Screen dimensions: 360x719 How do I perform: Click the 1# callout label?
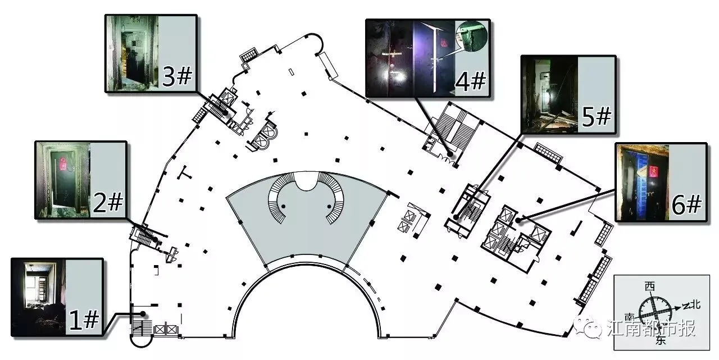(83, 320)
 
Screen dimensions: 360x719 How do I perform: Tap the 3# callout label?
(177, 77)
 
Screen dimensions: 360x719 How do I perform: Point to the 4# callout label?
(470, 82)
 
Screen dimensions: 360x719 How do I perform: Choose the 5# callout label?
(595, 117)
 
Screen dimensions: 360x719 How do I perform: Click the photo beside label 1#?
(39, 297)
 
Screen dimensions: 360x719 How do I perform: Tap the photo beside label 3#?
(132, 53)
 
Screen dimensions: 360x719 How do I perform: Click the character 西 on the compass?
(650, 287)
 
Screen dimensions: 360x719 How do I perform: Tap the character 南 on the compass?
(629, 317)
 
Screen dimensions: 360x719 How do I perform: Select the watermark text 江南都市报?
(652, 328)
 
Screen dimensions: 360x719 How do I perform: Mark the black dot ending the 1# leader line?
(144, 313)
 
